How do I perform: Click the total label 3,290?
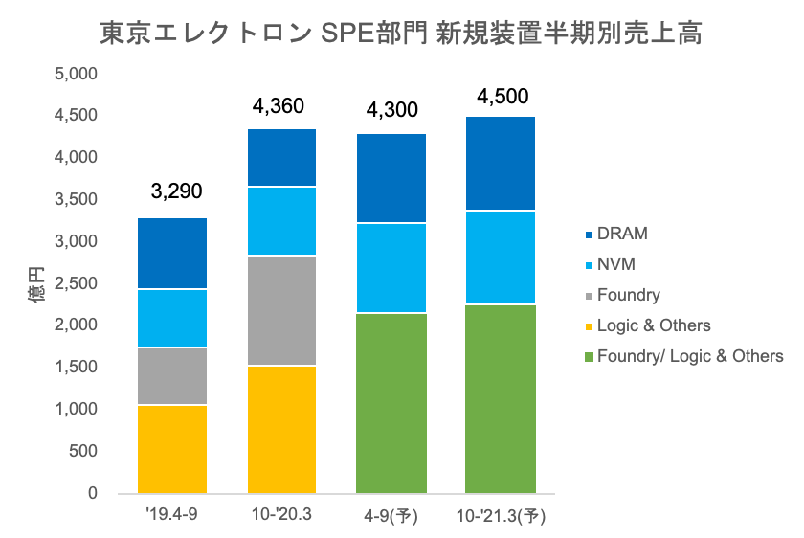(176, 191)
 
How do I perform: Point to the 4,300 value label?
(392, 110)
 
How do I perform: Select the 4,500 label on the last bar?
(501, 97)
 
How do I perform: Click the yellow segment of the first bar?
(172, 448)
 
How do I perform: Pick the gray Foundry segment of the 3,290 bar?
(172, 375)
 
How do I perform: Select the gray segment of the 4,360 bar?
(281, 310)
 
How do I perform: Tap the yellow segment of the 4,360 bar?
(281, 429)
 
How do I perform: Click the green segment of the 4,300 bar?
(391, 402)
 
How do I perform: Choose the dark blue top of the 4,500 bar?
(500, 163)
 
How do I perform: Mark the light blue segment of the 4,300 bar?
(391, 268)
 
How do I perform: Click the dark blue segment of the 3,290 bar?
(172, 253)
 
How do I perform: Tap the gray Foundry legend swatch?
(589, 296)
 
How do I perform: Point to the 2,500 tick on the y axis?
(78, 283)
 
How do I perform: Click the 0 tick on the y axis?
(93, 494)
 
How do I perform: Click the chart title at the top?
(402, 34)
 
